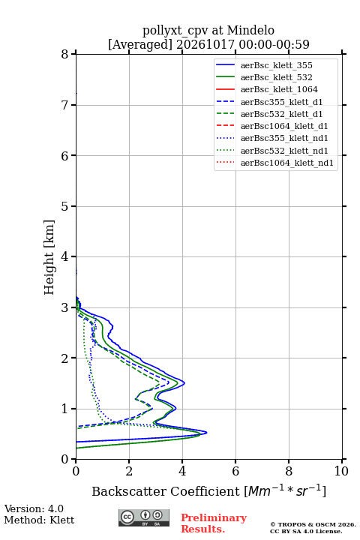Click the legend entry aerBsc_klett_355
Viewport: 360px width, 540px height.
click(276, 65)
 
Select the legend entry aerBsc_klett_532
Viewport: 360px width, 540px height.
click(276, 77)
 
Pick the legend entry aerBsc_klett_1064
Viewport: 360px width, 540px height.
click(279, 89)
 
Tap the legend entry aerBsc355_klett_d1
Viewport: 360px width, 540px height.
click(281, 102)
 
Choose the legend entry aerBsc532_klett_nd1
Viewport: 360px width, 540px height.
click(284, 151)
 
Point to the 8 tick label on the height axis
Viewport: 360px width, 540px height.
click(65, 54)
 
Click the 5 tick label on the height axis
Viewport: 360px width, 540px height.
click(65, 206)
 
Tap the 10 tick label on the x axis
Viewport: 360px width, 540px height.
click(341, 471)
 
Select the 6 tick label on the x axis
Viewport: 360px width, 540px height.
click(235, 471)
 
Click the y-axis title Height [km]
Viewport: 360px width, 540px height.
click(49, 257)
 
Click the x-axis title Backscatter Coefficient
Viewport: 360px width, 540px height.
click(166, 491)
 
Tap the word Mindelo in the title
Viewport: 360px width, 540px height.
click(250, 30)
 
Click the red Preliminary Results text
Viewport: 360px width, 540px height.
click(214, 523)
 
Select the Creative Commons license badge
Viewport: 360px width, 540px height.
click(144, 518)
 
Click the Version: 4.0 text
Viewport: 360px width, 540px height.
click(34, 509)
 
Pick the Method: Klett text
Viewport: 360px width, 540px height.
click(39, 520)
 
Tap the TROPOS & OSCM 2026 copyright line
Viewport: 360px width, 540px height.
click(313, 524)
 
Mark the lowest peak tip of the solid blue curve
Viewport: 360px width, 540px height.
click(207, 432)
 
